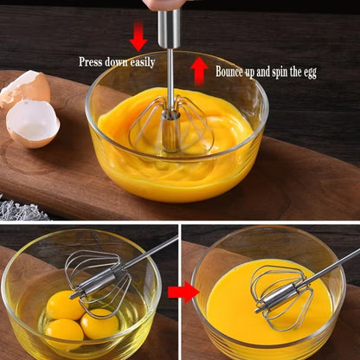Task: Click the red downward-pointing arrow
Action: tap(138, 35)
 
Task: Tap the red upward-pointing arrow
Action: tap(199, 70)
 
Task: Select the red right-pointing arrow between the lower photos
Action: tap(183, 292)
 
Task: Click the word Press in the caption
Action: tap(91, 62)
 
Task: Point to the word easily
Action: tap(140, 62)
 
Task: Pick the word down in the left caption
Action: tap(115, 62)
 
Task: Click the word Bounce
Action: tap(232, 72)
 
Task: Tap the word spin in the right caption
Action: tap(278, 72)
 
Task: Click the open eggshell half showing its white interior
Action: tap(32, 123)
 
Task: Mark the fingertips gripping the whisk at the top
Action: tap(164, 3)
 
